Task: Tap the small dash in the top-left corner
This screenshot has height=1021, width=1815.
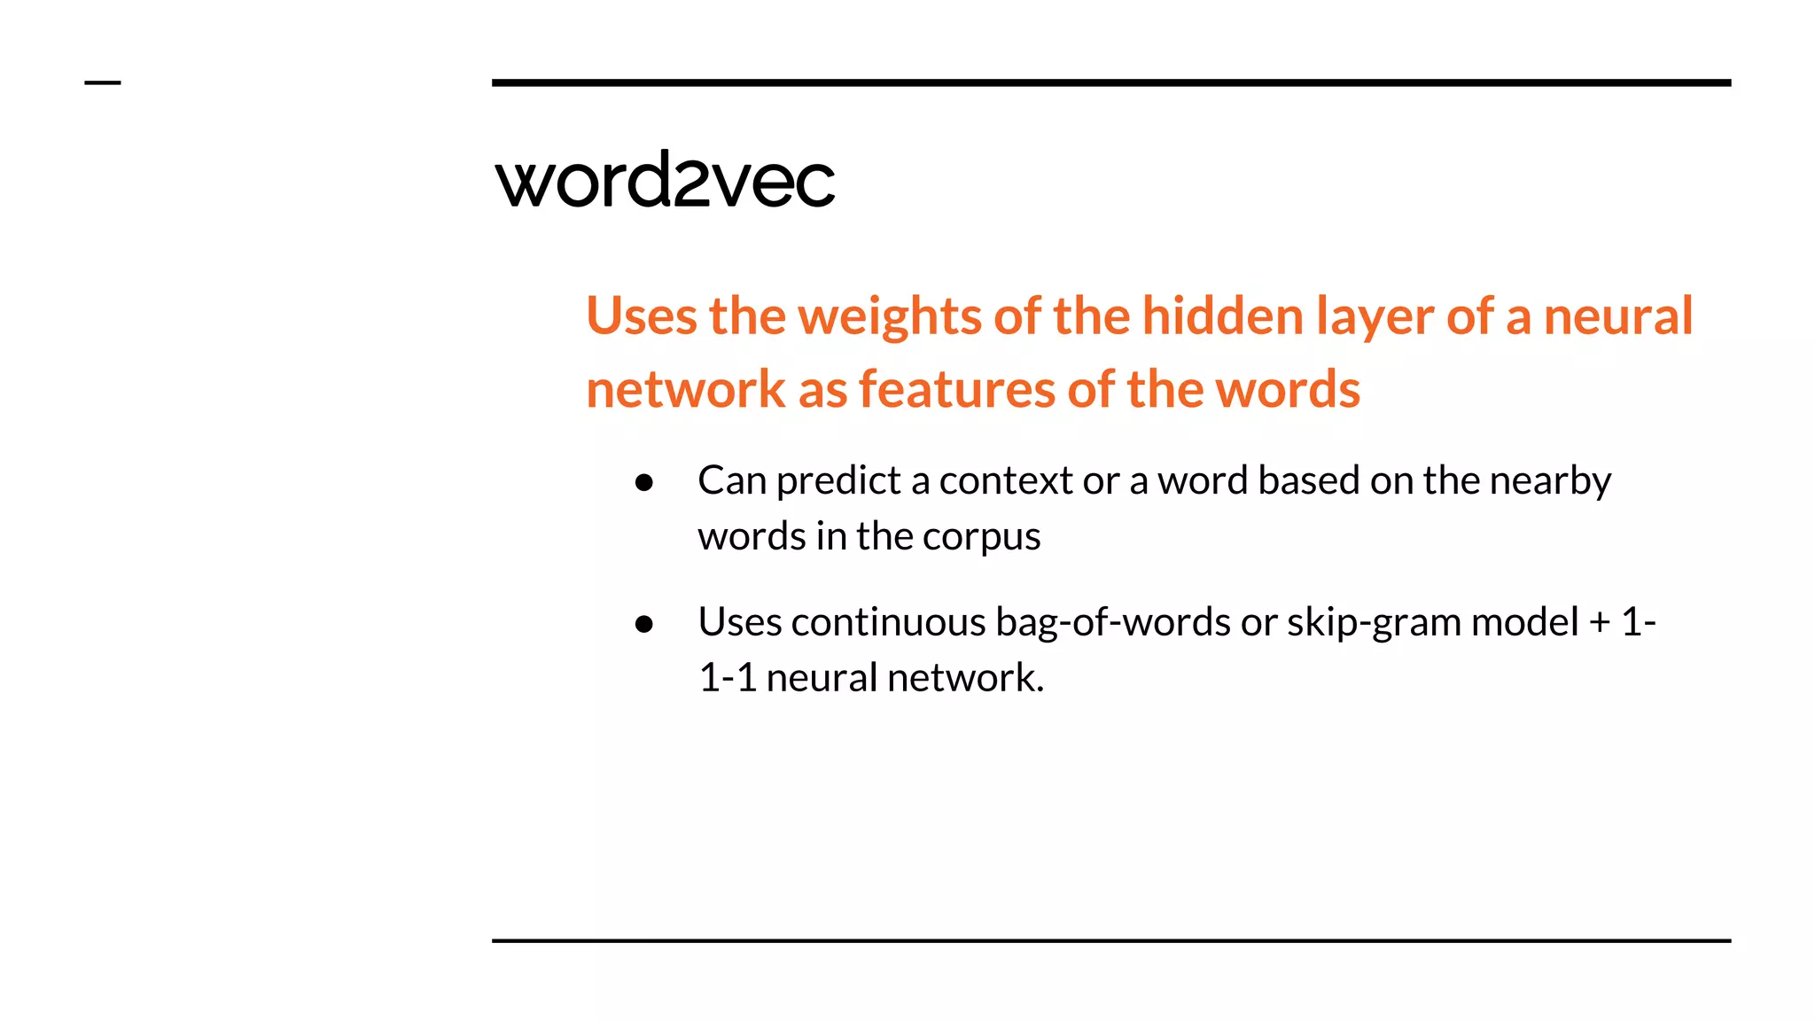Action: point(102,83)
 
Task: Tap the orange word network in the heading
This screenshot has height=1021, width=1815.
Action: point(685,390)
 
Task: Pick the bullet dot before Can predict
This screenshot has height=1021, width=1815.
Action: point(644,483)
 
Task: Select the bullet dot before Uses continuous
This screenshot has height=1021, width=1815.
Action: point(644,625)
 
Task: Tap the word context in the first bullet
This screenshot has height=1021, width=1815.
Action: point(1006,481)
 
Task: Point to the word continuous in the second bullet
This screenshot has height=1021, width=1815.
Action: point(888,622)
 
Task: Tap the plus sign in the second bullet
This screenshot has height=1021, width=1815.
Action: point(1600,622)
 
